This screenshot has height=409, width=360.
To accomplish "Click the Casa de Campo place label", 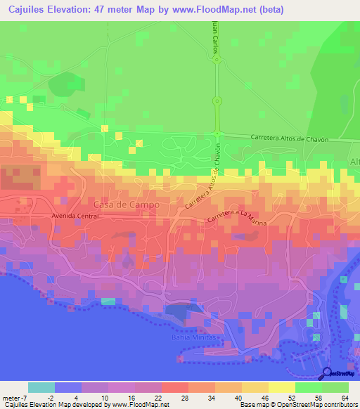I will coord(126,204).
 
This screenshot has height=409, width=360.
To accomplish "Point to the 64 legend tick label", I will coord(344,397).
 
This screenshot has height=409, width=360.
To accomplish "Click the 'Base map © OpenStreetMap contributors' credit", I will coord(297,405).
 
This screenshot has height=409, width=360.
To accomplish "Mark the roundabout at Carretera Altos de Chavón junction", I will coord(217,134).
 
